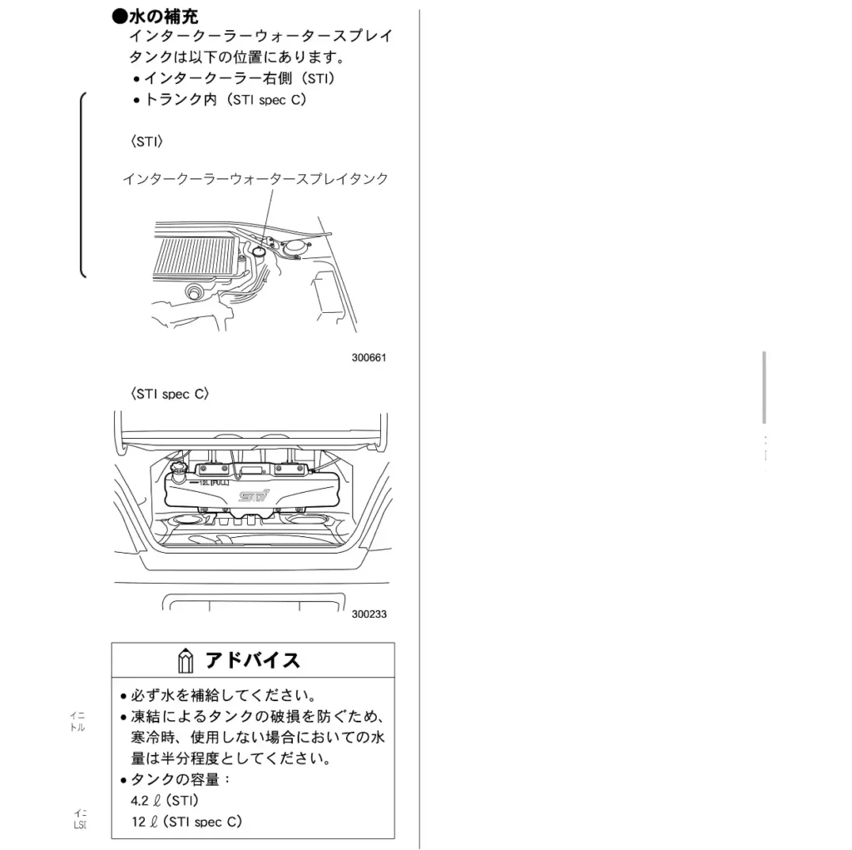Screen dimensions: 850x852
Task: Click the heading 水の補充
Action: tap(163, 17)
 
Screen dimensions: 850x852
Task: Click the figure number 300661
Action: tap(369, 358)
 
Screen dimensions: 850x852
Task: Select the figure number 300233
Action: tap(369, 614)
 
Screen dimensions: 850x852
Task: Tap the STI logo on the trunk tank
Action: tap(254, 497)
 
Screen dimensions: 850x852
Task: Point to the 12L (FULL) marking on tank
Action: tap(207, 482)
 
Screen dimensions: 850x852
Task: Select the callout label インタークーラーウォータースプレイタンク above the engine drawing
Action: tap(255, 179)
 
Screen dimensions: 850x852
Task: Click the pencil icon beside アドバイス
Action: tap(186, 662)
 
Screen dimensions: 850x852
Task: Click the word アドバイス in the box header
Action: tap(252, 661)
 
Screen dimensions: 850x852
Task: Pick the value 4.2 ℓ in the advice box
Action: tap(145, 801)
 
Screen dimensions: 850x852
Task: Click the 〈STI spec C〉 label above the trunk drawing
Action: tap(169, 395)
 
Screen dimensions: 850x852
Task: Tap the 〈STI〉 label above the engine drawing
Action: tap(146, 142)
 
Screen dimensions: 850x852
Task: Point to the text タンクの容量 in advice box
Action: tap(174, 780)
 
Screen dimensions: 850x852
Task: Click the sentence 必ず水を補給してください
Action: tap(221, 696)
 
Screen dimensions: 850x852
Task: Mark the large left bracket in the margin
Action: tap(83, 183)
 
